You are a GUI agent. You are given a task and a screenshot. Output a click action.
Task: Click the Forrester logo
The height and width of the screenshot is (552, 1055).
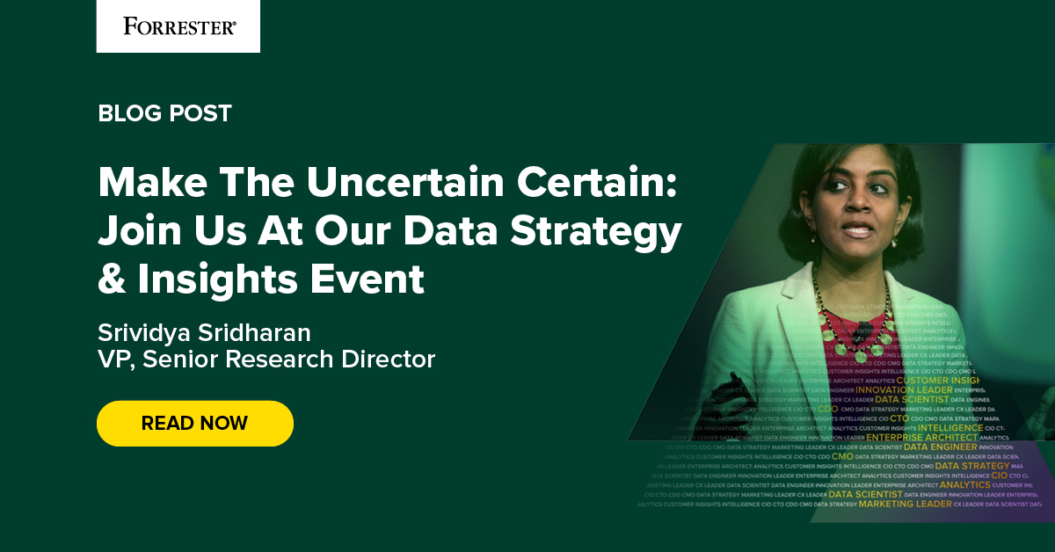(178, 26)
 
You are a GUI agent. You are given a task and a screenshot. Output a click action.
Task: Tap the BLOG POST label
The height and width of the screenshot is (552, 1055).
(164, 113)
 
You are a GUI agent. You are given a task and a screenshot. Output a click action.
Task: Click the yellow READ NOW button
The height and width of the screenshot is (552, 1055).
(194, 423)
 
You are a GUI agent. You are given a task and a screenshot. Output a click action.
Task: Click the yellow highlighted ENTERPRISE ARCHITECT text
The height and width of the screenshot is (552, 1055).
(921, 437)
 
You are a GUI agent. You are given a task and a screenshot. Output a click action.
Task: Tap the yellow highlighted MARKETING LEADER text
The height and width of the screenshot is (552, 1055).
(905, 505)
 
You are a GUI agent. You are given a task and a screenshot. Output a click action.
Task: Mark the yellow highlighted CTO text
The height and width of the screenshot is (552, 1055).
(899, 418)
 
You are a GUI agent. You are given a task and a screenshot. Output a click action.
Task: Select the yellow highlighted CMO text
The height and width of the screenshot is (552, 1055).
(842, 456)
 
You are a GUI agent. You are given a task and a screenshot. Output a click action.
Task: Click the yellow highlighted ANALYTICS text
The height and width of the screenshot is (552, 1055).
(964, 484)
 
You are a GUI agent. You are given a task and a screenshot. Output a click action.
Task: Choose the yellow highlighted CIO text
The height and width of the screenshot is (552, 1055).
(999, 476)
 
